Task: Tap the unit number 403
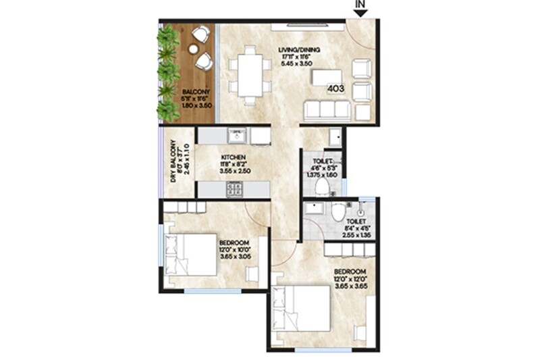[x=337, y=88]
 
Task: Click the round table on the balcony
[x=194, y=49]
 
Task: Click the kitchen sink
[x=237, y=136]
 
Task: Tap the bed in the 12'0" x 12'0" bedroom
[x=303, y=307]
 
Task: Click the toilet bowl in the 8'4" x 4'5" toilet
[x=338, y=213]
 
